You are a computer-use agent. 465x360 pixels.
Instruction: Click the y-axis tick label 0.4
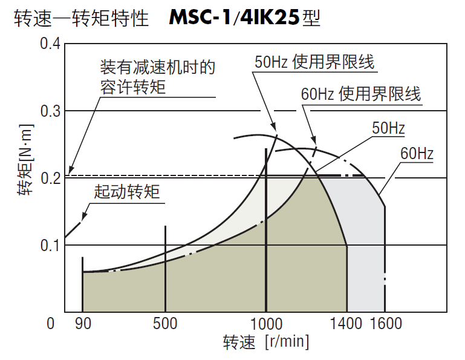(50, 44)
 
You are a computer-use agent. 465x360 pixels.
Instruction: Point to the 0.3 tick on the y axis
(50, 111)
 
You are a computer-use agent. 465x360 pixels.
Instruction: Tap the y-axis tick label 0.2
(50, 178)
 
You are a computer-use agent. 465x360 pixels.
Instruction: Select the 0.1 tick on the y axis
(50, 246)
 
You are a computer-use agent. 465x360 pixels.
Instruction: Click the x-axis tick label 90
(83, 324)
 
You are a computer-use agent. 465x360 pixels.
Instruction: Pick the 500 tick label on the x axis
(165, 324)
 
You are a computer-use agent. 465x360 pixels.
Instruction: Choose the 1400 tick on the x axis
(347, 324)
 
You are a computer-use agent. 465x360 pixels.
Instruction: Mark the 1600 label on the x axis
(385, 324)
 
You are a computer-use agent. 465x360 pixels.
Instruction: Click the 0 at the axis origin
(51, 324)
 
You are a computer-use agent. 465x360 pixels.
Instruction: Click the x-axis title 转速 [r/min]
(265, 342)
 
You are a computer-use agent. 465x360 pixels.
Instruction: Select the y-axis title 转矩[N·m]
(25, 160)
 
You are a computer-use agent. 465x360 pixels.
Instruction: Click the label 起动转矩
(127, 192)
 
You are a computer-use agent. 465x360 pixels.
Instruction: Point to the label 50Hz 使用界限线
(314, 62)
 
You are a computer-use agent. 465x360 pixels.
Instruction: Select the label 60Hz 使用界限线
(360, 94)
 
